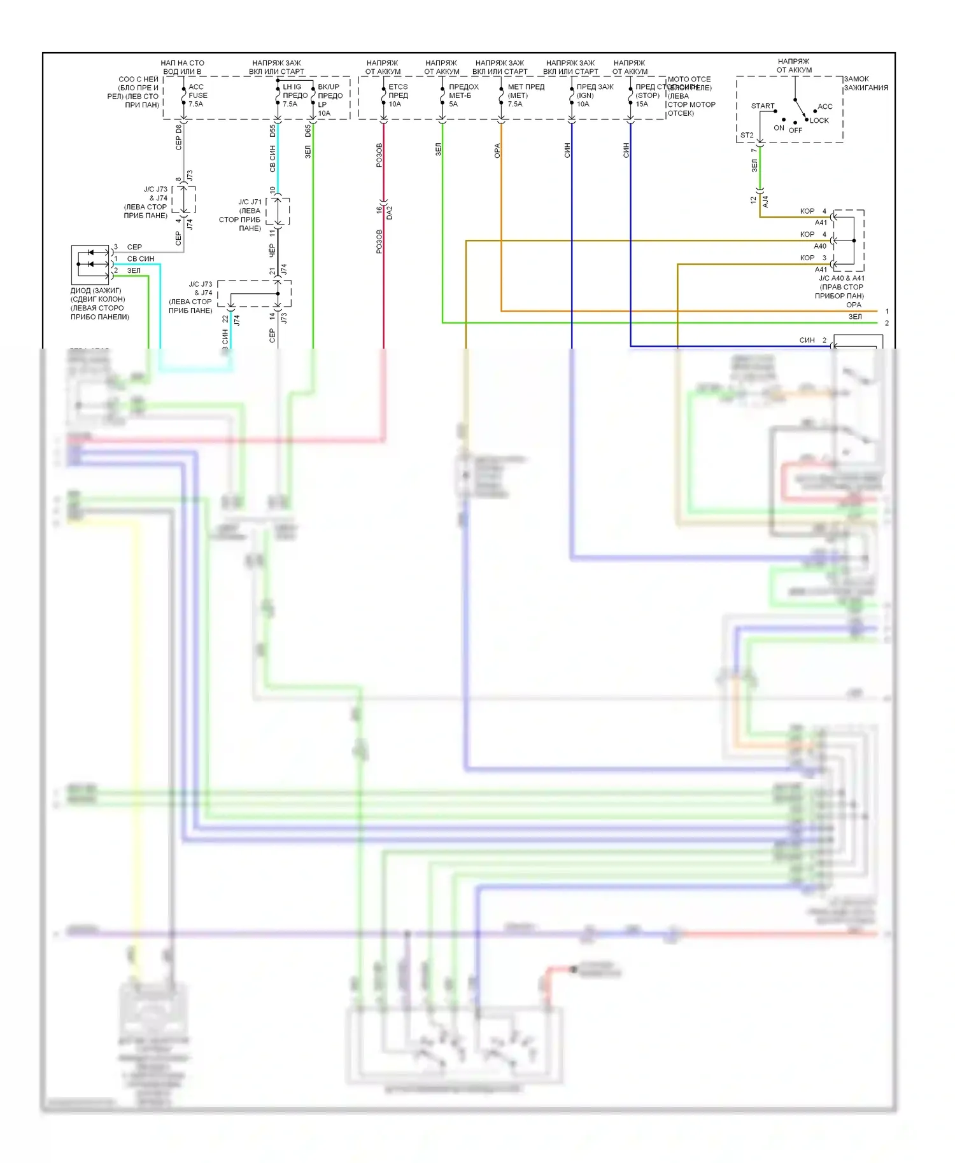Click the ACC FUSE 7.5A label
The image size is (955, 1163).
tap(197, 95)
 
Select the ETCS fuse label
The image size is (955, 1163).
tap(398, 87)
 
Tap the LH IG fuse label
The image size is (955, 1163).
tap(292, 87)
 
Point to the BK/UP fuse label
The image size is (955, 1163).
tap(329, 87)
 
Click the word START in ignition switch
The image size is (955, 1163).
tap(763, 106)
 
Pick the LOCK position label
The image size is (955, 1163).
tap(819, 120)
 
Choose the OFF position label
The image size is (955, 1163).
tap(796, 130)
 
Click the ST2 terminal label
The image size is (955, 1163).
tap(747, 136)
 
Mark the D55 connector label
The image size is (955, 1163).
tap(272, 131)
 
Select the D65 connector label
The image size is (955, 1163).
tap(308, 131)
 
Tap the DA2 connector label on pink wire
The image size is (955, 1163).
tap(390, 212)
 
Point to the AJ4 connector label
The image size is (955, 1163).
tap(765, 202)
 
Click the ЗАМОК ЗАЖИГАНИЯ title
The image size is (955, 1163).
tap(866, 83)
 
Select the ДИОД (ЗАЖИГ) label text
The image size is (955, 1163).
tap(95, 291)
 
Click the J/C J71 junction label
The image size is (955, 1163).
tap(250, 202)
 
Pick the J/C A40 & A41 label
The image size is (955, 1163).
tap(842, 278)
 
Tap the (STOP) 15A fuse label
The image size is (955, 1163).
tap(647, 99)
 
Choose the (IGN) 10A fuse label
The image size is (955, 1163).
tap(584, 99)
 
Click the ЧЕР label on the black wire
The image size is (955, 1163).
tap(272, 251)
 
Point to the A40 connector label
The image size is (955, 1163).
tap(820, 246)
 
